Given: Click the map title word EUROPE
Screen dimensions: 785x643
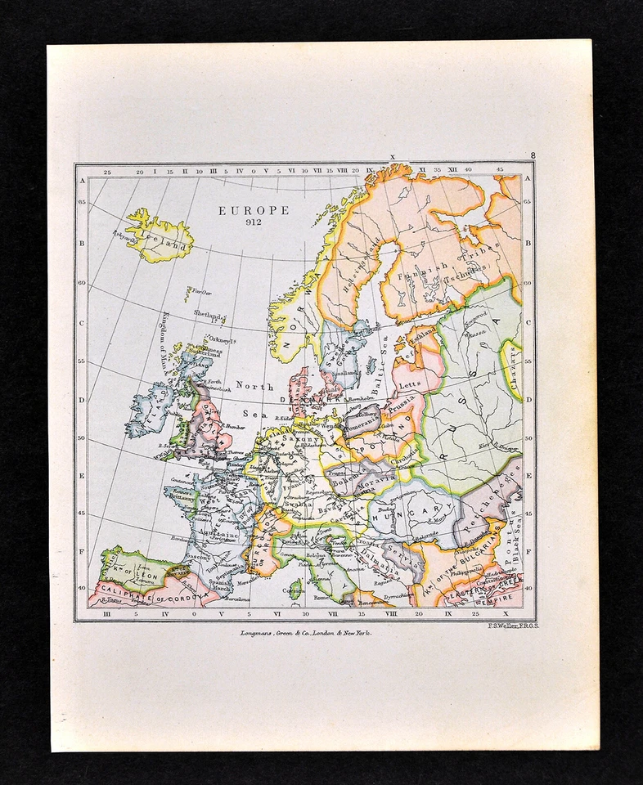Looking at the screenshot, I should (x=254, y=210).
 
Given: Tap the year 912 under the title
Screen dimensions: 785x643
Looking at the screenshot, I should (x=253, y=222).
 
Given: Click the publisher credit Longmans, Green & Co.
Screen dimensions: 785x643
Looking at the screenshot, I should (x=301, y=633).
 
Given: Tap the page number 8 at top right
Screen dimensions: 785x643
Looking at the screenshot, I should (x=533, y=155).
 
